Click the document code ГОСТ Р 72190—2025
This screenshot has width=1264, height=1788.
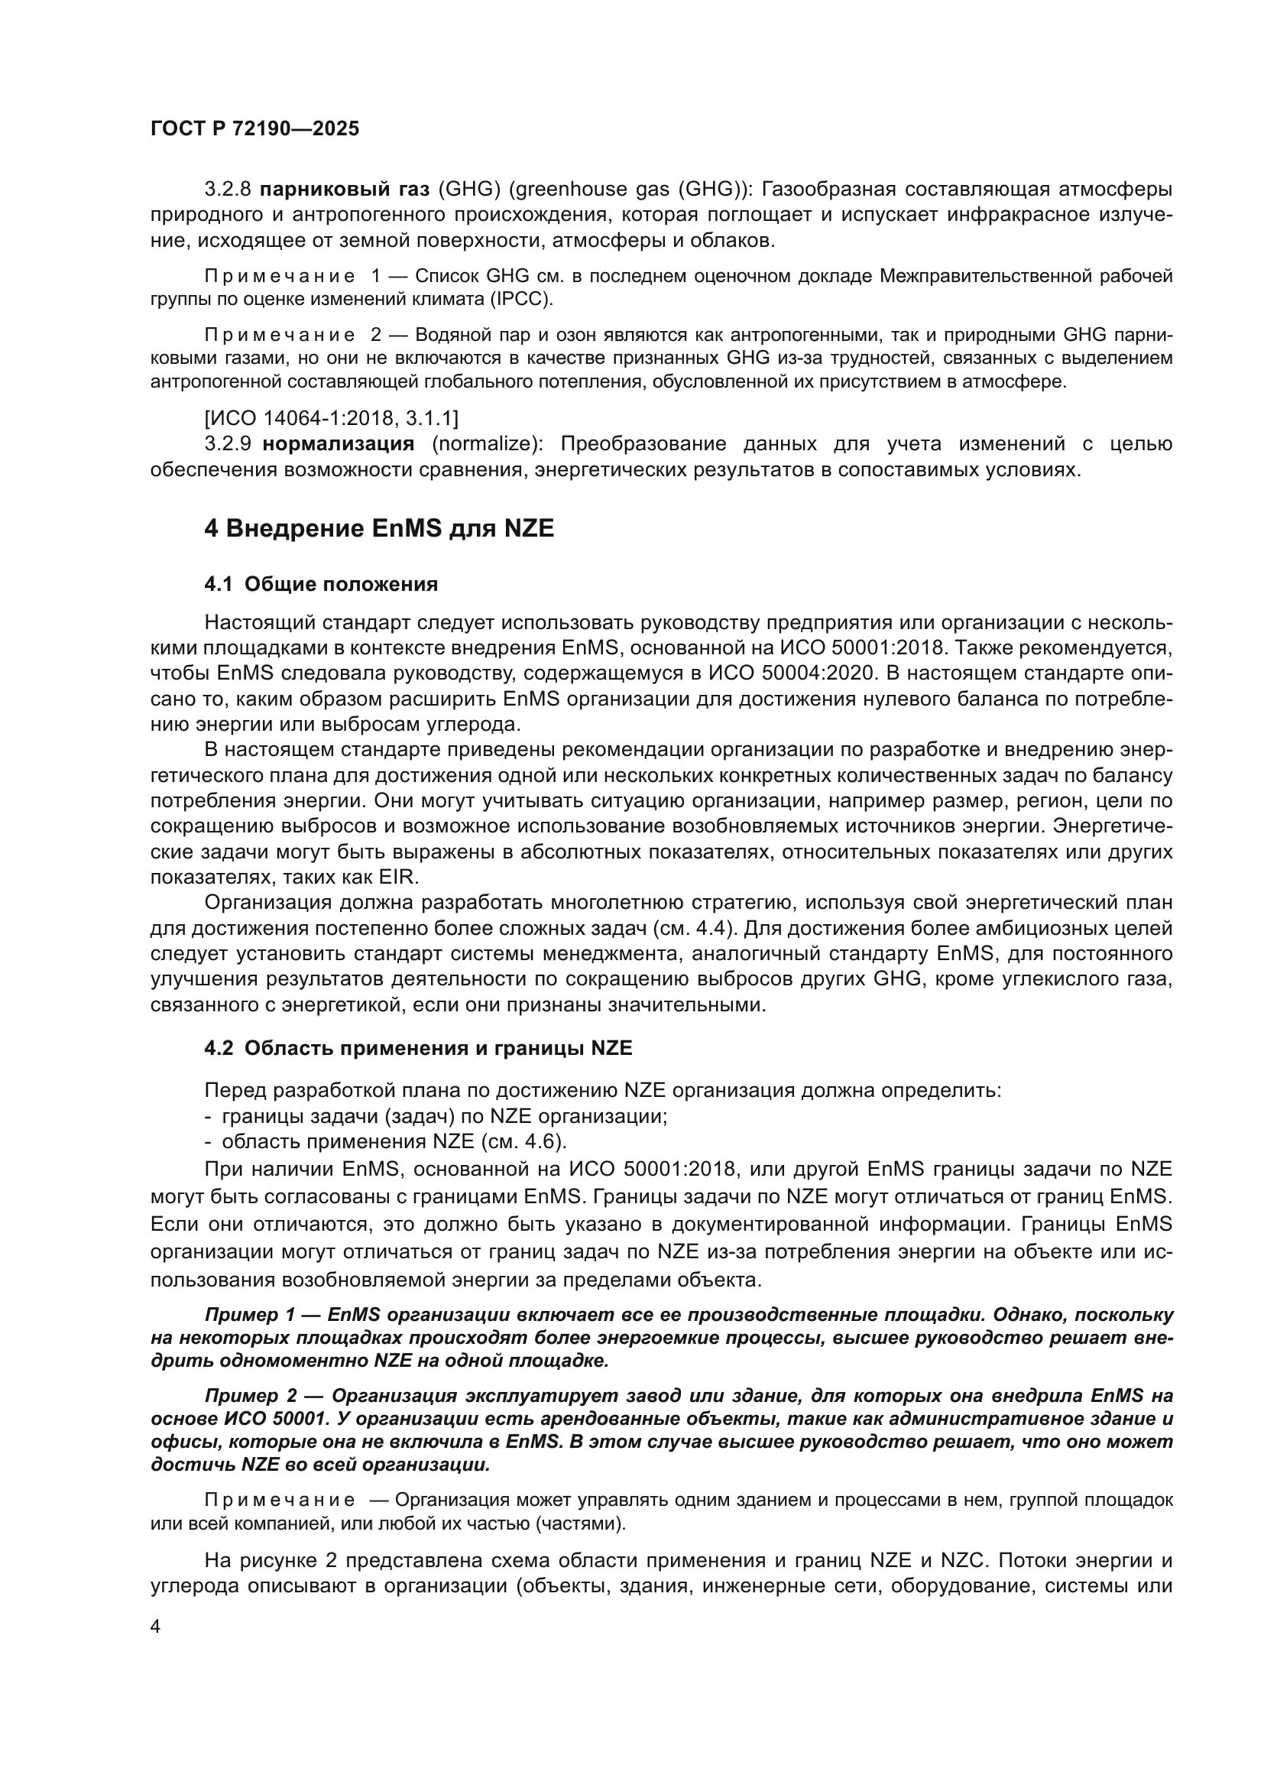pyautogui.click(x=254, y=129)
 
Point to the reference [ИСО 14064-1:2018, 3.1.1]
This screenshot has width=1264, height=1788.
pyautogui.click(x=331, y=419)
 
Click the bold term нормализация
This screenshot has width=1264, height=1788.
pyautogui.click(x=339, y=445)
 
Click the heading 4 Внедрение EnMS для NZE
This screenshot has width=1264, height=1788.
pyautogui.click(x=379, y=529)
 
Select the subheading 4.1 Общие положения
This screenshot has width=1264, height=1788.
pyautogui.click(x=321, y=584)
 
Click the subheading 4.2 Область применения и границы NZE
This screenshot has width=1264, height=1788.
pyautogui.click(x=418, y=1048)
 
